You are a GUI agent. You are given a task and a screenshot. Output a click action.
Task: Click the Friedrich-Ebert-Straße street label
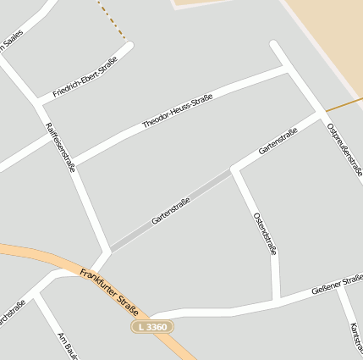(85, 77)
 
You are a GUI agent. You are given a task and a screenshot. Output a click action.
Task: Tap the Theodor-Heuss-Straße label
(177, 111)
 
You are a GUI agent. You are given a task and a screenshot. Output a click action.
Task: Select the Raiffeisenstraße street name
(60, 147)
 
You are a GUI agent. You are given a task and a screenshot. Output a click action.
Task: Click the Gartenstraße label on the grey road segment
(171, 210)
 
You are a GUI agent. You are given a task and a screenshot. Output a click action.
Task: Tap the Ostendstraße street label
(265, 233)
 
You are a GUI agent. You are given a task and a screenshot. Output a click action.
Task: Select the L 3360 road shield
(152, 326)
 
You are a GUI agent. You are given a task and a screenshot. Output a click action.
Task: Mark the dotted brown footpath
(112, 19)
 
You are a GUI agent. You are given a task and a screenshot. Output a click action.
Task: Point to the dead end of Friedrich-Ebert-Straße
(129, 47)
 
